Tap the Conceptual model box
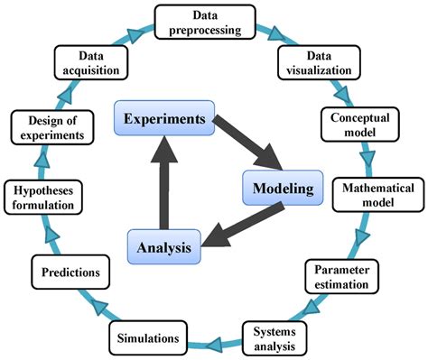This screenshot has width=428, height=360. (359, 125)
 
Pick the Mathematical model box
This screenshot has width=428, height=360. (379, 195)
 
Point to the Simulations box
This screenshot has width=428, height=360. (152, 337)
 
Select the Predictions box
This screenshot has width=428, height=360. (70, 271)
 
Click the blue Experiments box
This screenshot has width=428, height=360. (163, 119)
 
